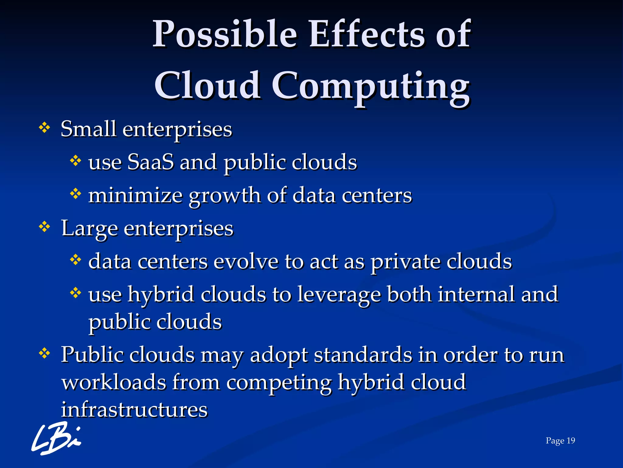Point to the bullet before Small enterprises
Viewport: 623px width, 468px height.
(x=44, y=128)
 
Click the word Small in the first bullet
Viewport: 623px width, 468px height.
(x=88, y=129)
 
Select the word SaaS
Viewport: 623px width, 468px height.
(x=151, y=162)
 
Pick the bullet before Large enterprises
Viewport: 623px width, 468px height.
(x=44, y=227)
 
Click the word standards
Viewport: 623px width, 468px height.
(x=362, y=355)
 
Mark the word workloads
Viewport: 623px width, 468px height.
(x=114, y=382)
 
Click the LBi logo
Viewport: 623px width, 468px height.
(x=56, y=438)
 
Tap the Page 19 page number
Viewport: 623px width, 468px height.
(x=560, y=441)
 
